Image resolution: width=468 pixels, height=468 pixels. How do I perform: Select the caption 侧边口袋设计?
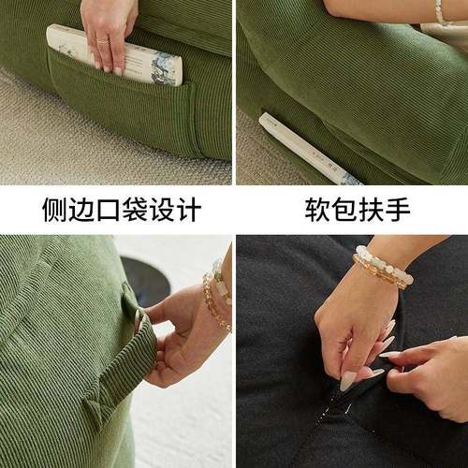click(x=121, y=209)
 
